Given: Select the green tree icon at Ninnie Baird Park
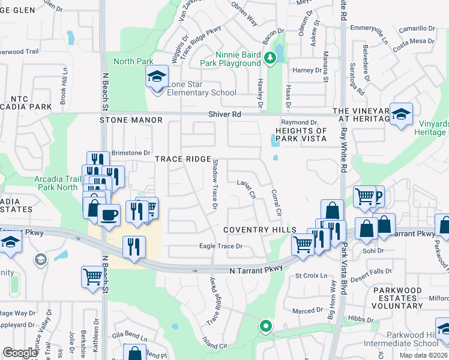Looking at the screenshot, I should [x=271, y=58].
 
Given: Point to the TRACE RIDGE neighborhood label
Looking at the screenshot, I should [x=183, y=159].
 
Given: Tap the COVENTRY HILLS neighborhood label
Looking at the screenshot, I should [x=260, y=230].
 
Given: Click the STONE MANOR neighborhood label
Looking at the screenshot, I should [x=131, y=120].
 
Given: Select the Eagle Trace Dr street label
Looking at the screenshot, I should [x=221, y=246].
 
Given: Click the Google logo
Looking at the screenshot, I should [x=20, y=352].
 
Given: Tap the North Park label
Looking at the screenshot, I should [x=133, y=61].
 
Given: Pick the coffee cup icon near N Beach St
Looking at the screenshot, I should [x=109, y=214].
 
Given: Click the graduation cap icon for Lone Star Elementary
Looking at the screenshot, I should [x=156, y=77].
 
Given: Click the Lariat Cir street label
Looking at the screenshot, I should [x=247, y=189].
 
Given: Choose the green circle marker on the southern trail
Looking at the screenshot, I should [x=265, y=327].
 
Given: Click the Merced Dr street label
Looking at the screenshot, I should [x=308, y=311].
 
